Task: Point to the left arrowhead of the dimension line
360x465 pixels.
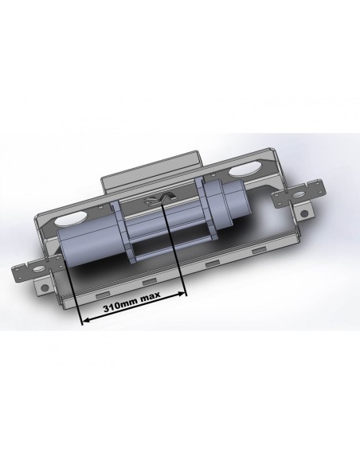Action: coord(86,320)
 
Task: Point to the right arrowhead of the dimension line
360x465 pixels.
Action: coord(182,294)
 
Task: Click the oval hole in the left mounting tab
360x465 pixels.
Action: coord(37,269)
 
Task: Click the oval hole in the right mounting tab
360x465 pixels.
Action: coord(299,195)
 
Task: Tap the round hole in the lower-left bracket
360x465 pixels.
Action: coord(45,287)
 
